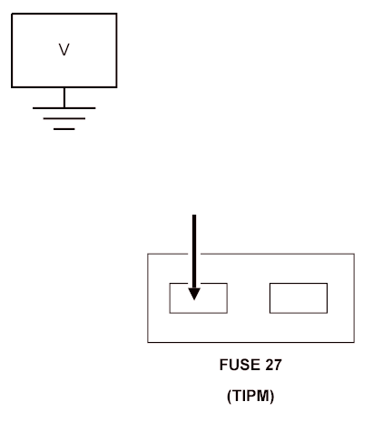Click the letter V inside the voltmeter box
click(x=64, y=51)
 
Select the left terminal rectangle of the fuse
click(x=198, y=298)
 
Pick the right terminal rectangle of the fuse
click(x=298, y=298)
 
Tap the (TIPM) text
click(x=250, y=398)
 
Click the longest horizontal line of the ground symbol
click(x=64, y=107)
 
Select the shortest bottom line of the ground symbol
click(x=64, y=128)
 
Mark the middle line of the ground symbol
click(x=64, y=118)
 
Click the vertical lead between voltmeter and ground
click(x=64, y=97)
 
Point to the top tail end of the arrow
click(x=193, y=216)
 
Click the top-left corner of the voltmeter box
click(x=12, y=15)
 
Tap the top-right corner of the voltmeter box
click(x=116, y=15)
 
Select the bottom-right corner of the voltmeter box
click(x=116, y=86)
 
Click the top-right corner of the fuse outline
click(x=354, y=255)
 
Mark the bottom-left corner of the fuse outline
click(x=148, y=343)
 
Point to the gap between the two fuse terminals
click(x=248, y=298)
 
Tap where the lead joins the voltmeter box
click(x=64, y=87)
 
